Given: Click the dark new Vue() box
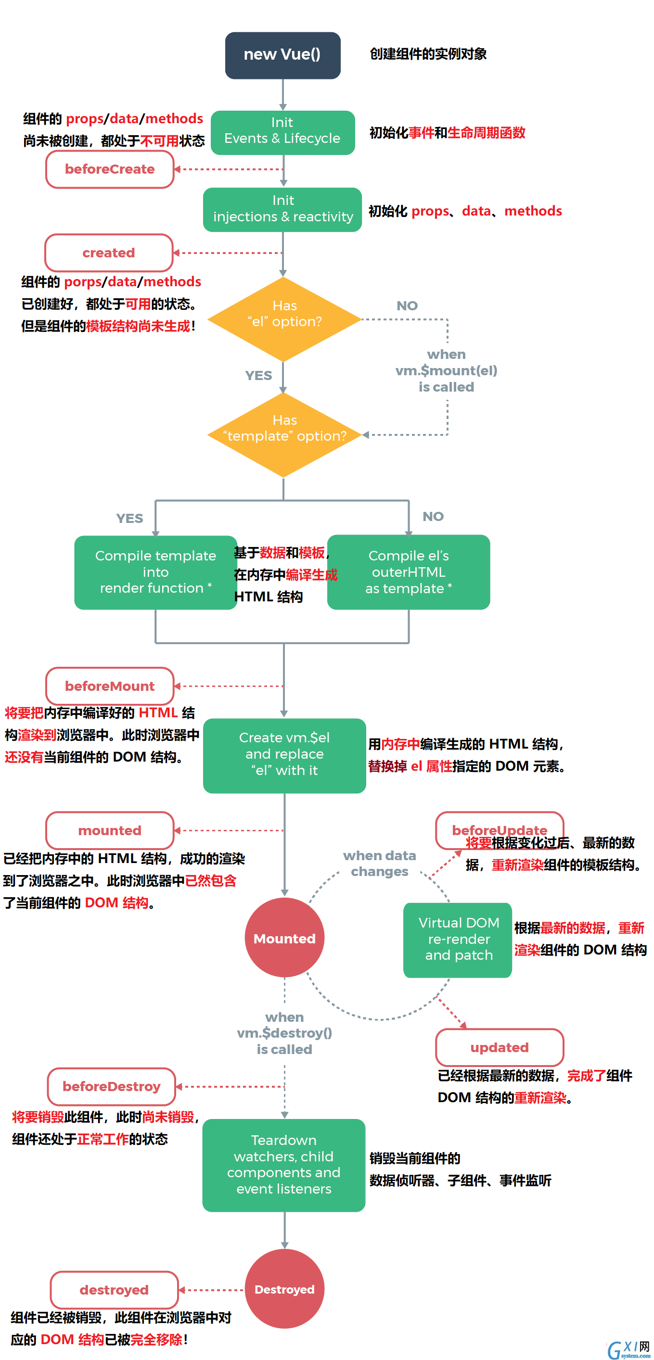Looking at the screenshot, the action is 282,55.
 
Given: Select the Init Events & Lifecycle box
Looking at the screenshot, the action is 282,132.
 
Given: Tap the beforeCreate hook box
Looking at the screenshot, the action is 110,169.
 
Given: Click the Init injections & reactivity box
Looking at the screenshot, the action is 282,210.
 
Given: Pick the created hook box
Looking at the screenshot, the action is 109,253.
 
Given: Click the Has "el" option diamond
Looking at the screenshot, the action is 284,319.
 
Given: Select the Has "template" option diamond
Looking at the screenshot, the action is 284,434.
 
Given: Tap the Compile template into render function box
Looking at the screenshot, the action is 155,572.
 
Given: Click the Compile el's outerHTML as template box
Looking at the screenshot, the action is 409,572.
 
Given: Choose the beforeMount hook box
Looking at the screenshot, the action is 110,686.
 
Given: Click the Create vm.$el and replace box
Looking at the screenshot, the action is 284,755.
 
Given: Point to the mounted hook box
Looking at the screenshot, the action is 110,830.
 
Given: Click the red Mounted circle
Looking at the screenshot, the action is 284,938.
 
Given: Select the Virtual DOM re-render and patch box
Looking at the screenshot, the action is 458,940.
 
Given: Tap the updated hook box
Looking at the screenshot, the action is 500,1047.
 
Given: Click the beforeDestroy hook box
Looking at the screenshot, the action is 112,1087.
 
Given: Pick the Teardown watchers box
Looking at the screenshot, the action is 283,1165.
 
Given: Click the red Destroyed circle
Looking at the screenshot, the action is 284,1289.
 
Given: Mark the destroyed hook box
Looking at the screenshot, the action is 114,1290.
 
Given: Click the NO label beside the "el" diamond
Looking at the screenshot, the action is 407,305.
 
